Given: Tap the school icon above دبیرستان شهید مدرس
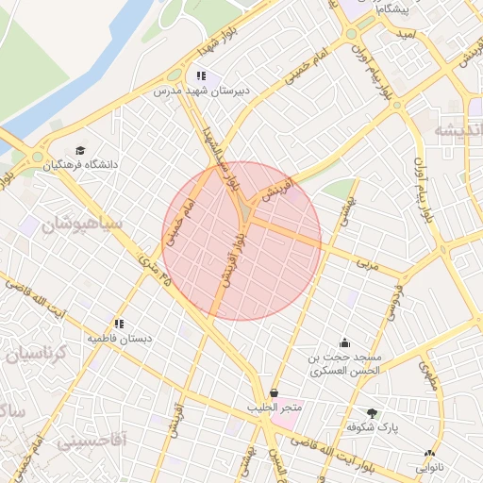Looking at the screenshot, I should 200,75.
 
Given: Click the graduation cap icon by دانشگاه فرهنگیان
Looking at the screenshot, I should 81,150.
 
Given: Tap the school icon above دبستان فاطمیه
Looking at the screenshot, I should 119,322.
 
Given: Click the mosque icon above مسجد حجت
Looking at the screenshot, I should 344,342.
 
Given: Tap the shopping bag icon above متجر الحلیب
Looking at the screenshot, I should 275,392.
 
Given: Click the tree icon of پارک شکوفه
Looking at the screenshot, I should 373,412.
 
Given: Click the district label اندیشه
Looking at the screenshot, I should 458,131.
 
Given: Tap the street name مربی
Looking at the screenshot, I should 365,266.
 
